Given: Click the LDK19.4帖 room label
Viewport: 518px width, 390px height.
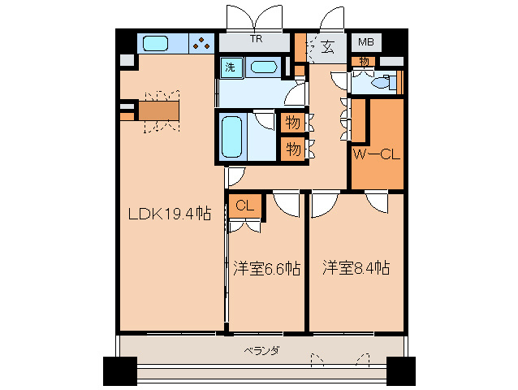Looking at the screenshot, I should (x=169, y=214).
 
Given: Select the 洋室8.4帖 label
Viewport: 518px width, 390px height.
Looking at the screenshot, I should (x=356, y=267).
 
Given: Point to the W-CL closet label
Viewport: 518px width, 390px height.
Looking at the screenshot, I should (x=374, y=154).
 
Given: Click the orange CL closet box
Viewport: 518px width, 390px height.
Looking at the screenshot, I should (x=244, y=206).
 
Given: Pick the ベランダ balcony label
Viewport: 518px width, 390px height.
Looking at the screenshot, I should (x=261, y=351).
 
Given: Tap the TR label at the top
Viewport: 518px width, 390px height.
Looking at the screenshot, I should (x=255, y=39).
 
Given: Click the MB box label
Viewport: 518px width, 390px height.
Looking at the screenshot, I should (x=366, y=42).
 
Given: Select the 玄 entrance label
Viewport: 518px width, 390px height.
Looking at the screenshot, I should (x=328, y=47).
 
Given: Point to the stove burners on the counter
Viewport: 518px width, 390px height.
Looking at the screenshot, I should (x=202, y=43).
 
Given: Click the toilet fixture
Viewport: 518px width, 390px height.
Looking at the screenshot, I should (x=378, y=82).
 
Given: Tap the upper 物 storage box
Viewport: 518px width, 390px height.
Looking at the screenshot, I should (x=292, y=123).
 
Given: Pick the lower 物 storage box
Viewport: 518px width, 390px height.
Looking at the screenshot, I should (x=292, y=149).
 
